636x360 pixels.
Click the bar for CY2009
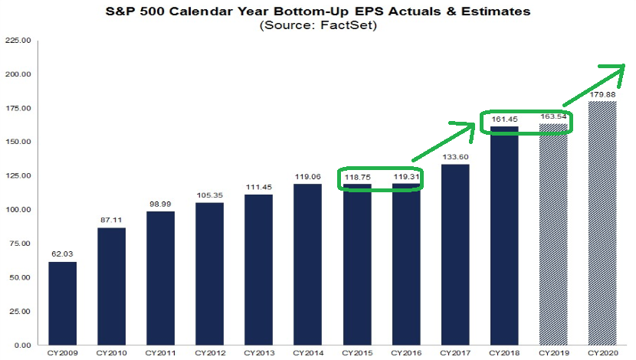pos(63,303)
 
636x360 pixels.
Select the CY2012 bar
pos(210,274)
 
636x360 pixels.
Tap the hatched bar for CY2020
pos(602,224)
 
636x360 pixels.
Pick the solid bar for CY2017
pos(455,255)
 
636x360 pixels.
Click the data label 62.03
pos(63,254)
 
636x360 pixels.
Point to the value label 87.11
pos(111,220)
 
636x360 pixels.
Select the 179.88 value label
pos(602,94)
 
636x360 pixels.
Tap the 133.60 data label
pos(455,157)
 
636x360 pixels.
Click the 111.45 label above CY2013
pos(259,188)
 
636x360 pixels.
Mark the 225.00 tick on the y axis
pos(18,41)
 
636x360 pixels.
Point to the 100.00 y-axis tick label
pos(18,210)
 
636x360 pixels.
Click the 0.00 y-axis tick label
pos(23,345)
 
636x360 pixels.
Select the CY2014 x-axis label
pos(308,353)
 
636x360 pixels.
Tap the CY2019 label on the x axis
pos(553,353)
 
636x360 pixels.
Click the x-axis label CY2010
pos(111,353)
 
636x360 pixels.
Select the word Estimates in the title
pos(496,11)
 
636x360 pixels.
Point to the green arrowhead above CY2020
pos(615,72)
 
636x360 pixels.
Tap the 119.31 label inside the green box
pos(406,177)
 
